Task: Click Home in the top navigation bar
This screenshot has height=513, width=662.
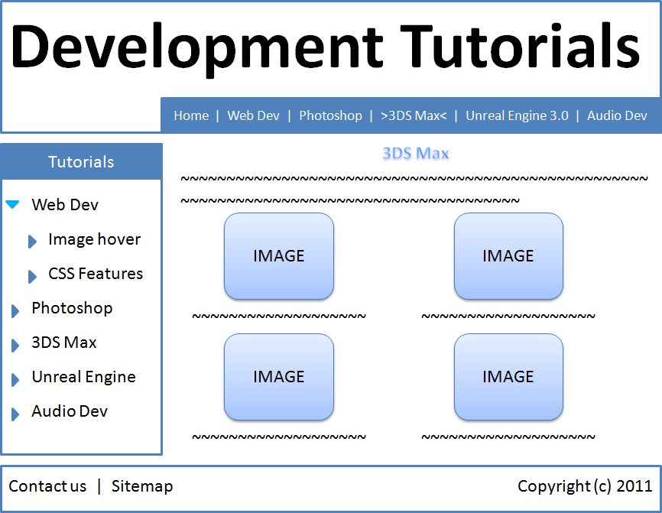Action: click(191, 115)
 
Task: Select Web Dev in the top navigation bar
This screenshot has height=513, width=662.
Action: click(254, 115)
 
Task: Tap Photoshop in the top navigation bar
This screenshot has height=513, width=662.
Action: click(330, 115)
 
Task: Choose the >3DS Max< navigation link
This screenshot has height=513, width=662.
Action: click(414, 115)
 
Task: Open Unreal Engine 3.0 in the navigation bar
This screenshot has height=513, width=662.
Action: click(517, 115)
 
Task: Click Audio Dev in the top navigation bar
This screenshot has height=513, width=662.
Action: click(617, 115)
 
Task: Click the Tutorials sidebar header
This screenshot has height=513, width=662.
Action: click(81, 162)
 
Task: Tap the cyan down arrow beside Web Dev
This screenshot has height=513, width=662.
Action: click(12, 204)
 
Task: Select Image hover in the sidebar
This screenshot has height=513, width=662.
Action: click(94, 239)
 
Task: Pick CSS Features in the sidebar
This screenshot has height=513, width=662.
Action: click(96, 274)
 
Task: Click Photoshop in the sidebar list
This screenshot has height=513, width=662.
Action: click(72, 308)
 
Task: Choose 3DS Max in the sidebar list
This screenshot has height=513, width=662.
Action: click(64, 343)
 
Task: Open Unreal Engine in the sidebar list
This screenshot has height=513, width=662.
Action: click(83, 377)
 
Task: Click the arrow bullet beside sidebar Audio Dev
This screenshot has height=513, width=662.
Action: click(15, 414)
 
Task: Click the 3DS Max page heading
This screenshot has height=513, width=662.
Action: click(415, 154)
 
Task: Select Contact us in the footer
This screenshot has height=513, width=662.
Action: click(47, 486)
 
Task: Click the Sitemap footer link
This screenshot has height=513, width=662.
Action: click(142, 486)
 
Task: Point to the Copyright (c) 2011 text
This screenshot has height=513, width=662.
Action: click(585, 486)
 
